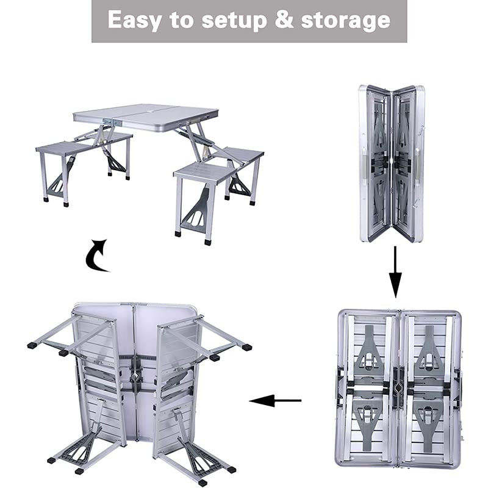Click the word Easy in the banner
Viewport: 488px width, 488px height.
point(134,21)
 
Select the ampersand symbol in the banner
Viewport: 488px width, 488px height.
point(284,20)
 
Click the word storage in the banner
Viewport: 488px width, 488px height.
point(345,21)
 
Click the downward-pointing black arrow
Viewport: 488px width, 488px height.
point(395,272)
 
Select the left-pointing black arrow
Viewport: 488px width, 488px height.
point(275,401)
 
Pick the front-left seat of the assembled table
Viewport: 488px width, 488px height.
point(66,147)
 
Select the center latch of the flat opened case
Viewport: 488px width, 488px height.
point(398,387)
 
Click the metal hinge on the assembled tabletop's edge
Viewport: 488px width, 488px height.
point(110,122)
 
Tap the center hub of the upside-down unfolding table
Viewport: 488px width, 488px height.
point(135,377)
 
